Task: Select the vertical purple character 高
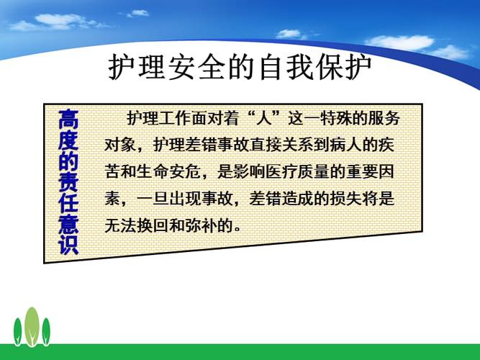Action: coord(68,119)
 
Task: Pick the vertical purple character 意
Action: coord(68,222)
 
